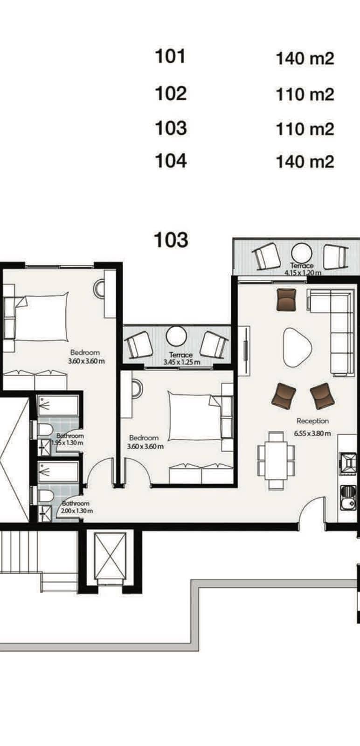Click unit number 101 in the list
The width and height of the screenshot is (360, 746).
point(170,56)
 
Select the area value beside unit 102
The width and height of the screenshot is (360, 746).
point(305,95)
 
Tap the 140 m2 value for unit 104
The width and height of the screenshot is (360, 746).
point(305,162)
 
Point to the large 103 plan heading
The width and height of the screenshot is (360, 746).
point(171,240)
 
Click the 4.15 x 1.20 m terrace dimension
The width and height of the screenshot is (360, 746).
point(302,273)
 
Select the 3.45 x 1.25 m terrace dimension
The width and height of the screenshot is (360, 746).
point(182,362)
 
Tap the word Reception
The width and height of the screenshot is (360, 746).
point(313,421)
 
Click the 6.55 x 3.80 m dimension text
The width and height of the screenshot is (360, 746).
point(312,433)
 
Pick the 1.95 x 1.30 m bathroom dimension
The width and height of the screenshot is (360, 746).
point(67,443)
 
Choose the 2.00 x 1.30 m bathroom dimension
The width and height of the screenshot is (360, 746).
point(77,511)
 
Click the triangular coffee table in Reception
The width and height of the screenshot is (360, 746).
point(297,347)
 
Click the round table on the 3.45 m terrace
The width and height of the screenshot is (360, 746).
point(176,336)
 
